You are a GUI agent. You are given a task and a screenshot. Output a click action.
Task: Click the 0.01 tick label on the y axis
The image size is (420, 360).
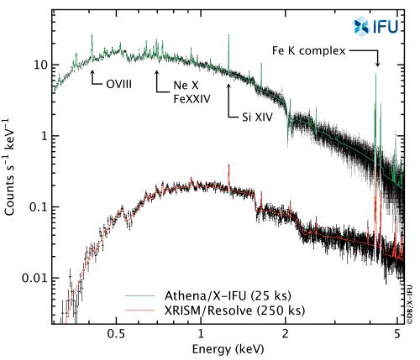tap(31, 278)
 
